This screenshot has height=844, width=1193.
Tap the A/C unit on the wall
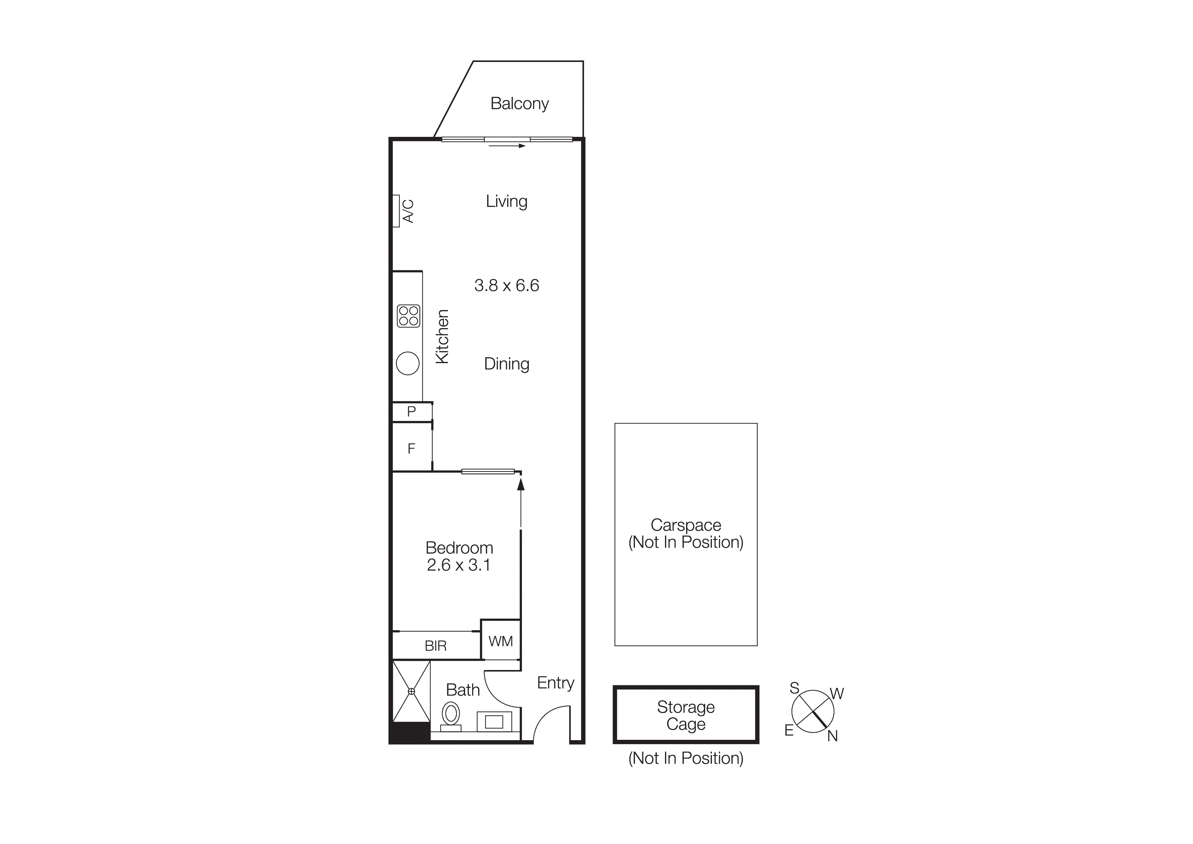(x=396, y=211)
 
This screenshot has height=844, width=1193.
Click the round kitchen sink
(x=407, y=364)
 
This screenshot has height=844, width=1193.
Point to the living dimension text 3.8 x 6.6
(x=507, y=286)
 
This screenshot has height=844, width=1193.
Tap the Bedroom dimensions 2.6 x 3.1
(x=459, y=565)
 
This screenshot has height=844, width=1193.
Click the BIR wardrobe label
(x=435, y=646)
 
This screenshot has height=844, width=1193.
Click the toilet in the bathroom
(x=451, y=715)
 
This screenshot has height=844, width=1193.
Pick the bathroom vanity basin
(x=493, y=722)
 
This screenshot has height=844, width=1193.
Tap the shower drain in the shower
(x=411, y=691)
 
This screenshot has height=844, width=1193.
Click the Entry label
(x=555, y=683)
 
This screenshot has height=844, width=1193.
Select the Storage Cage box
(x=686, y=715)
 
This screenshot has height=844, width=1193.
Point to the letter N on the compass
(x=833, y=736)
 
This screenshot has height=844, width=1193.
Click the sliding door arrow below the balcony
(x=507, y=146)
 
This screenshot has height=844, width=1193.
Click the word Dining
(x=507, y=364)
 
